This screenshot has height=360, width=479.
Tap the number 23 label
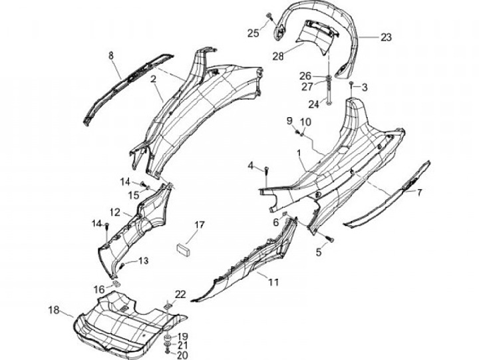[x=386, y=37]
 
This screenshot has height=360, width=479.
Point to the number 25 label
[x=253, y=33]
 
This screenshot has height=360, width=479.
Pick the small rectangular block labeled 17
[x=184, y=248]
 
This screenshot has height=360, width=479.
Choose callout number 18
[x=54, y=310]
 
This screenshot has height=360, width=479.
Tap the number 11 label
[x=273, y=282]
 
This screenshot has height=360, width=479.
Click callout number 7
[x=420, y=192]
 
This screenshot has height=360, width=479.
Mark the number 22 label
[x=180, y=293]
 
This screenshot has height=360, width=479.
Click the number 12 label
[x=115, y=212]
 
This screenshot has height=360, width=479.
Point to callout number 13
[x=144, y=260]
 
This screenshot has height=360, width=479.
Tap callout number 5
[x=319, y=253]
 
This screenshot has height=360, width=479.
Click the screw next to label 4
[x=266, y=172]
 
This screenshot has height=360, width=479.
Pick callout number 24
[x=314, y=103]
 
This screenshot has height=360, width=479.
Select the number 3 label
[x=365, y=87]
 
